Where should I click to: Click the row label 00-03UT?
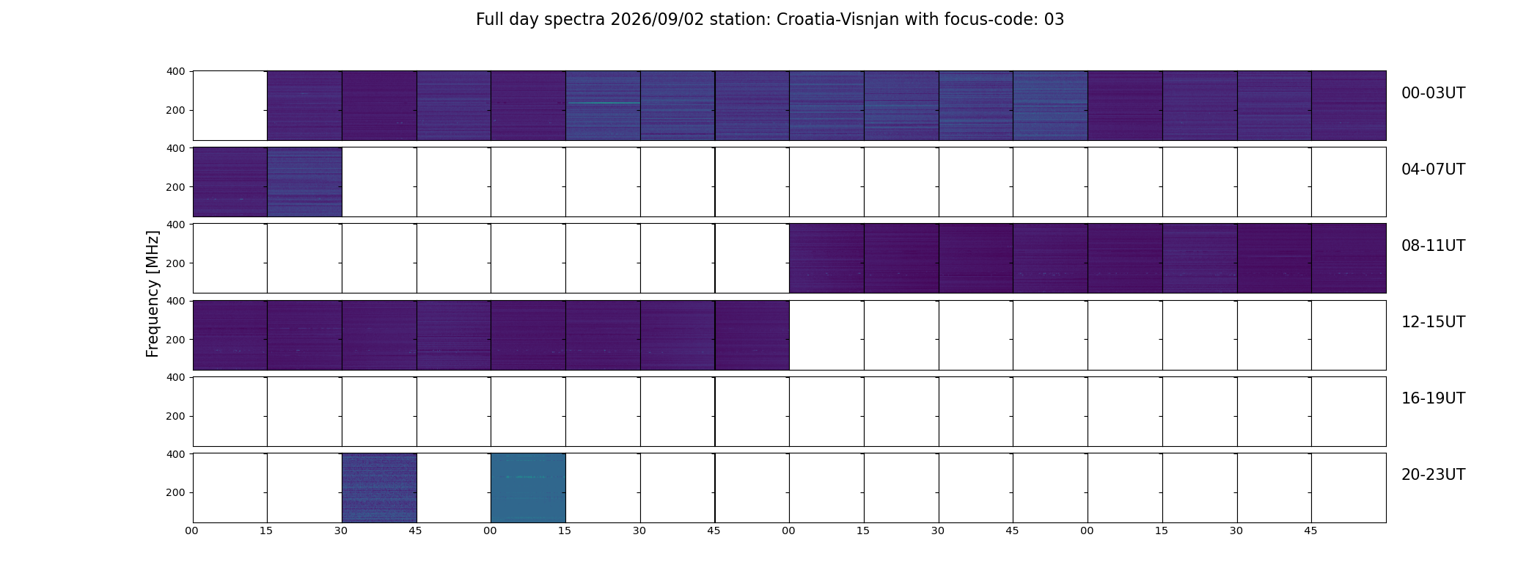1433,93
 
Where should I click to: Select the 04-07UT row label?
1433,169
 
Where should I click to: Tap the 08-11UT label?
1433,246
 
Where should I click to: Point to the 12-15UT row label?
1433,322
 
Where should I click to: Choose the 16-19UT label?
1433,398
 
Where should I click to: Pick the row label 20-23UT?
1433,475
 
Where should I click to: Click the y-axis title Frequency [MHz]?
153,293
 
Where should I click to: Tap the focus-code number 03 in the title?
1054,20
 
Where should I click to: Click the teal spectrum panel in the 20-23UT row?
528,488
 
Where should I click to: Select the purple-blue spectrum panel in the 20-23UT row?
379,488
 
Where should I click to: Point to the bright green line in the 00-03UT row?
604,103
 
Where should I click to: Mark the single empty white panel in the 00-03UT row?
230,106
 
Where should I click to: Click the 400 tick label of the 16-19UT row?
175,377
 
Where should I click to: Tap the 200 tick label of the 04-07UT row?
175,187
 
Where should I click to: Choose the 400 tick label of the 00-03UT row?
175,71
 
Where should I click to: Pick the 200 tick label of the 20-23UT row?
175,492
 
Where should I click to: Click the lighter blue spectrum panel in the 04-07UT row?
305,182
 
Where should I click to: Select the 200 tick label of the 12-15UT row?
175,340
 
